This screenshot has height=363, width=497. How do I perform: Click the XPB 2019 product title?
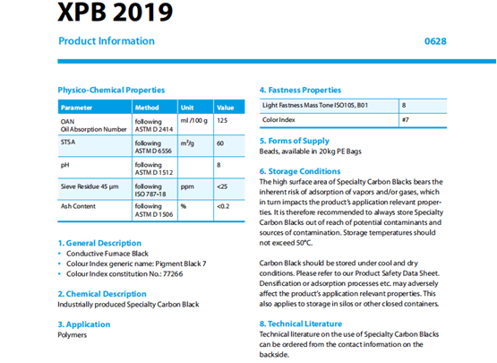point(115,12)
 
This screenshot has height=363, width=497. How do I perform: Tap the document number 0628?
point(435,41)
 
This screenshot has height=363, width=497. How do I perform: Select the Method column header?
point(147,108)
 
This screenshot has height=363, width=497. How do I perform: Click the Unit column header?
point(187,108)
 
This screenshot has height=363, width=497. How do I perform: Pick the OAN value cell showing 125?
point(222,121)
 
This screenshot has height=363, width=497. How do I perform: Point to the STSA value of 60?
point(220,143)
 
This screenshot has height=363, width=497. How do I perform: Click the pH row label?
point(65,165)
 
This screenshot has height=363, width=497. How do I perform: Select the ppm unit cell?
point(187,187)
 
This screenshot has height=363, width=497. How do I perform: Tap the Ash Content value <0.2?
point(223,206)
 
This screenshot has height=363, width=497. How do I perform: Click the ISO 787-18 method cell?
point(150,194)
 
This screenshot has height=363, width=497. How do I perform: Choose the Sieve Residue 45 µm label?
point(90,186)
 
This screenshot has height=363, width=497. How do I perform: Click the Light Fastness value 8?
point(404,106)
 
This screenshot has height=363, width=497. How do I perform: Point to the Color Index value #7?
point(406,120)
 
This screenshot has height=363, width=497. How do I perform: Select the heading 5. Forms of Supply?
point(295,142)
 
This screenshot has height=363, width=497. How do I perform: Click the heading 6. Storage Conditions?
point(300,171)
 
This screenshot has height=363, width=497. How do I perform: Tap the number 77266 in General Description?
point(173,274)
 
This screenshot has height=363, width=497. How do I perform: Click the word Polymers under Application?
point(73,335)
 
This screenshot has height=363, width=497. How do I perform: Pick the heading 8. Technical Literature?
point(301,324)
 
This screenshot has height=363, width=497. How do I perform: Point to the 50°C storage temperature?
point(304,243)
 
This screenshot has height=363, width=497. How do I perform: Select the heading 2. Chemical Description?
point(102,294)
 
